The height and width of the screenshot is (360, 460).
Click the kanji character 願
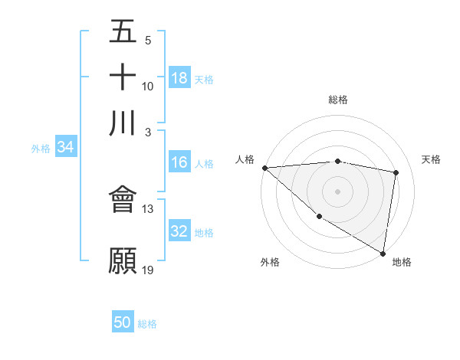coord(123,260)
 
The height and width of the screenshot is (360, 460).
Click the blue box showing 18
coord(179,77)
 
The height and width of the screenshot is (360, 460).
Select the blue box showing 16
coord(179,162)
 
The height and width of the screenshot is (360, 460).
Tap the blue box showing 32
coord(179,231)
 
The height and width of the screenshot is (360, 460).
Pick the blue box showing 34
coord(66,148)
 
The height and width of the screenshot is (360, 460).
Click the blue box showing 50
coord(123,322)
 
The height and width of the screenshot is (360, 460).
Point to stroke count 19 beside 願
coord(148,270)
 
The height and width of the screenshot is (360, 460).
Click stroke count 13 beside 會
coord(148,209)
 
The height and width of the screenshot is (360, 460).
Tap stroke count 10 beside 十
coord(148,86)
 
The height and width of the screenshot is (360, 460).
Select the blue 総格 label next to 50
coord(147,324)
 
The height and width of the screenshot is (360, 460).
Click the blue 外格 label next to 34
coord(41,149)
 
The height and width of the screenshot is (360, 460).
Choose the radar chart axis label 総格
coord(337,100)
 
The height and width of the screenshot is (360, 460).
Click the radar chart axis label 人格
coord(245,159)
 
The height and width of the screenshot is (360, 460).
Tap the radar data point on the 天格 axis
coord(396,172)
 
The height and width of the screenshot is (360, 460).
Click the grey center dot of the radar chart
coord(337,191)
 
